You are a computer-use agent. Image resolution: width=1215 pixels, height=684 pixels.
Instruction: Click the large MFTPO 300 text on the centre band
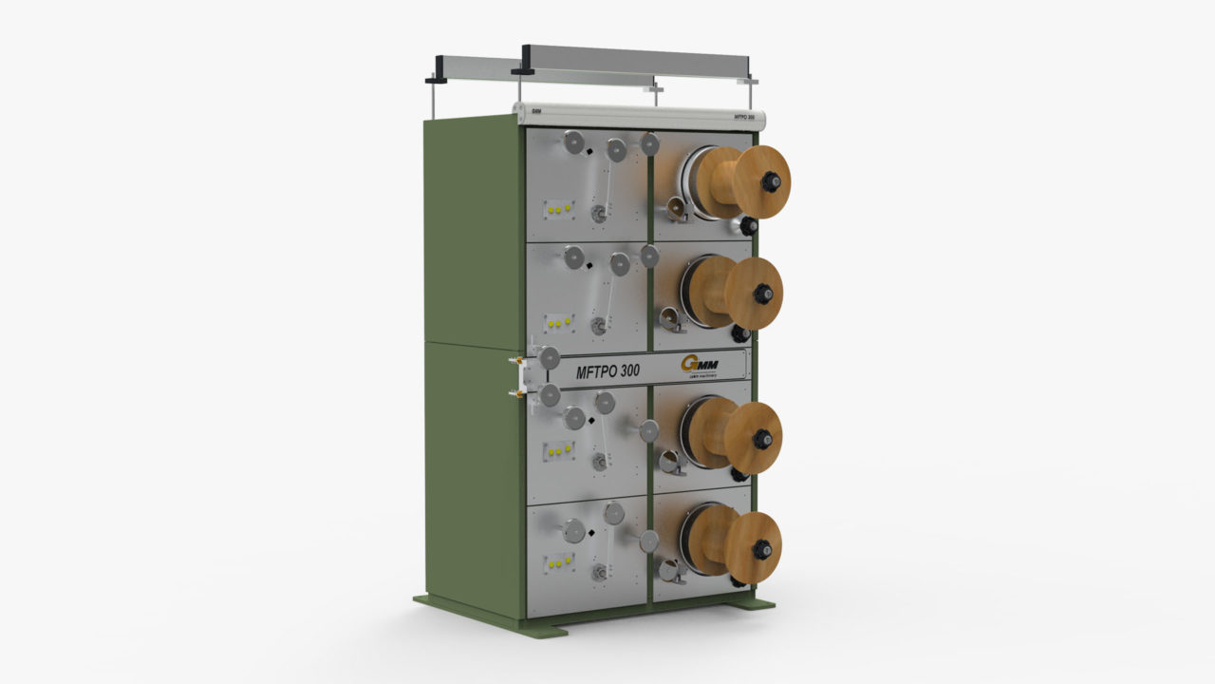click(x=613, y=371)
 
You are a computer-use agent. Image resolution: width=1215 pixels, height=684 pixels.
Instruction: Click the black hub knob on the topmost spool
click(x=772, y=180)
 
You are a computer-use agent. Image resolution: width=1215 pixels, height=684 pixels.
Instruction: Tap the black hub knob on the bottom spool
click(x=761, y=549)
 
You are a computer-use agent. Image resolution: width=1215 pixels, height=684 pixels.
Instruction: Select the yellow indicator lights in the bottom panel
click(x=559, y=562)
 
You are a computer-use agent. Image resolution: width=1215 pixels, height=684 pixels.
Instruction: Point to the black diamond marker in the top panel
click(x=589, y=151)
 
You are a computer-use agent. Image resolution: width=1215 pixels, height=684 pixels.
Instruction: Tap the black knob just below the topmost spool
click(x=749, y=226)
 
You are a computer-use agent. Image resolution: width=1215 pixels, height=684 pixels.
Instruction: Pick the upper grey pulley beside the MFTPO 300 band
click(x=549, y=357)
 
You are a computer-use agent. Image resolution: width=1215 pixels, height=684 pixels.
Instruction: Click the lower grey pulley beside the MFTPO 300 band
click(x=550, y=395)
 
